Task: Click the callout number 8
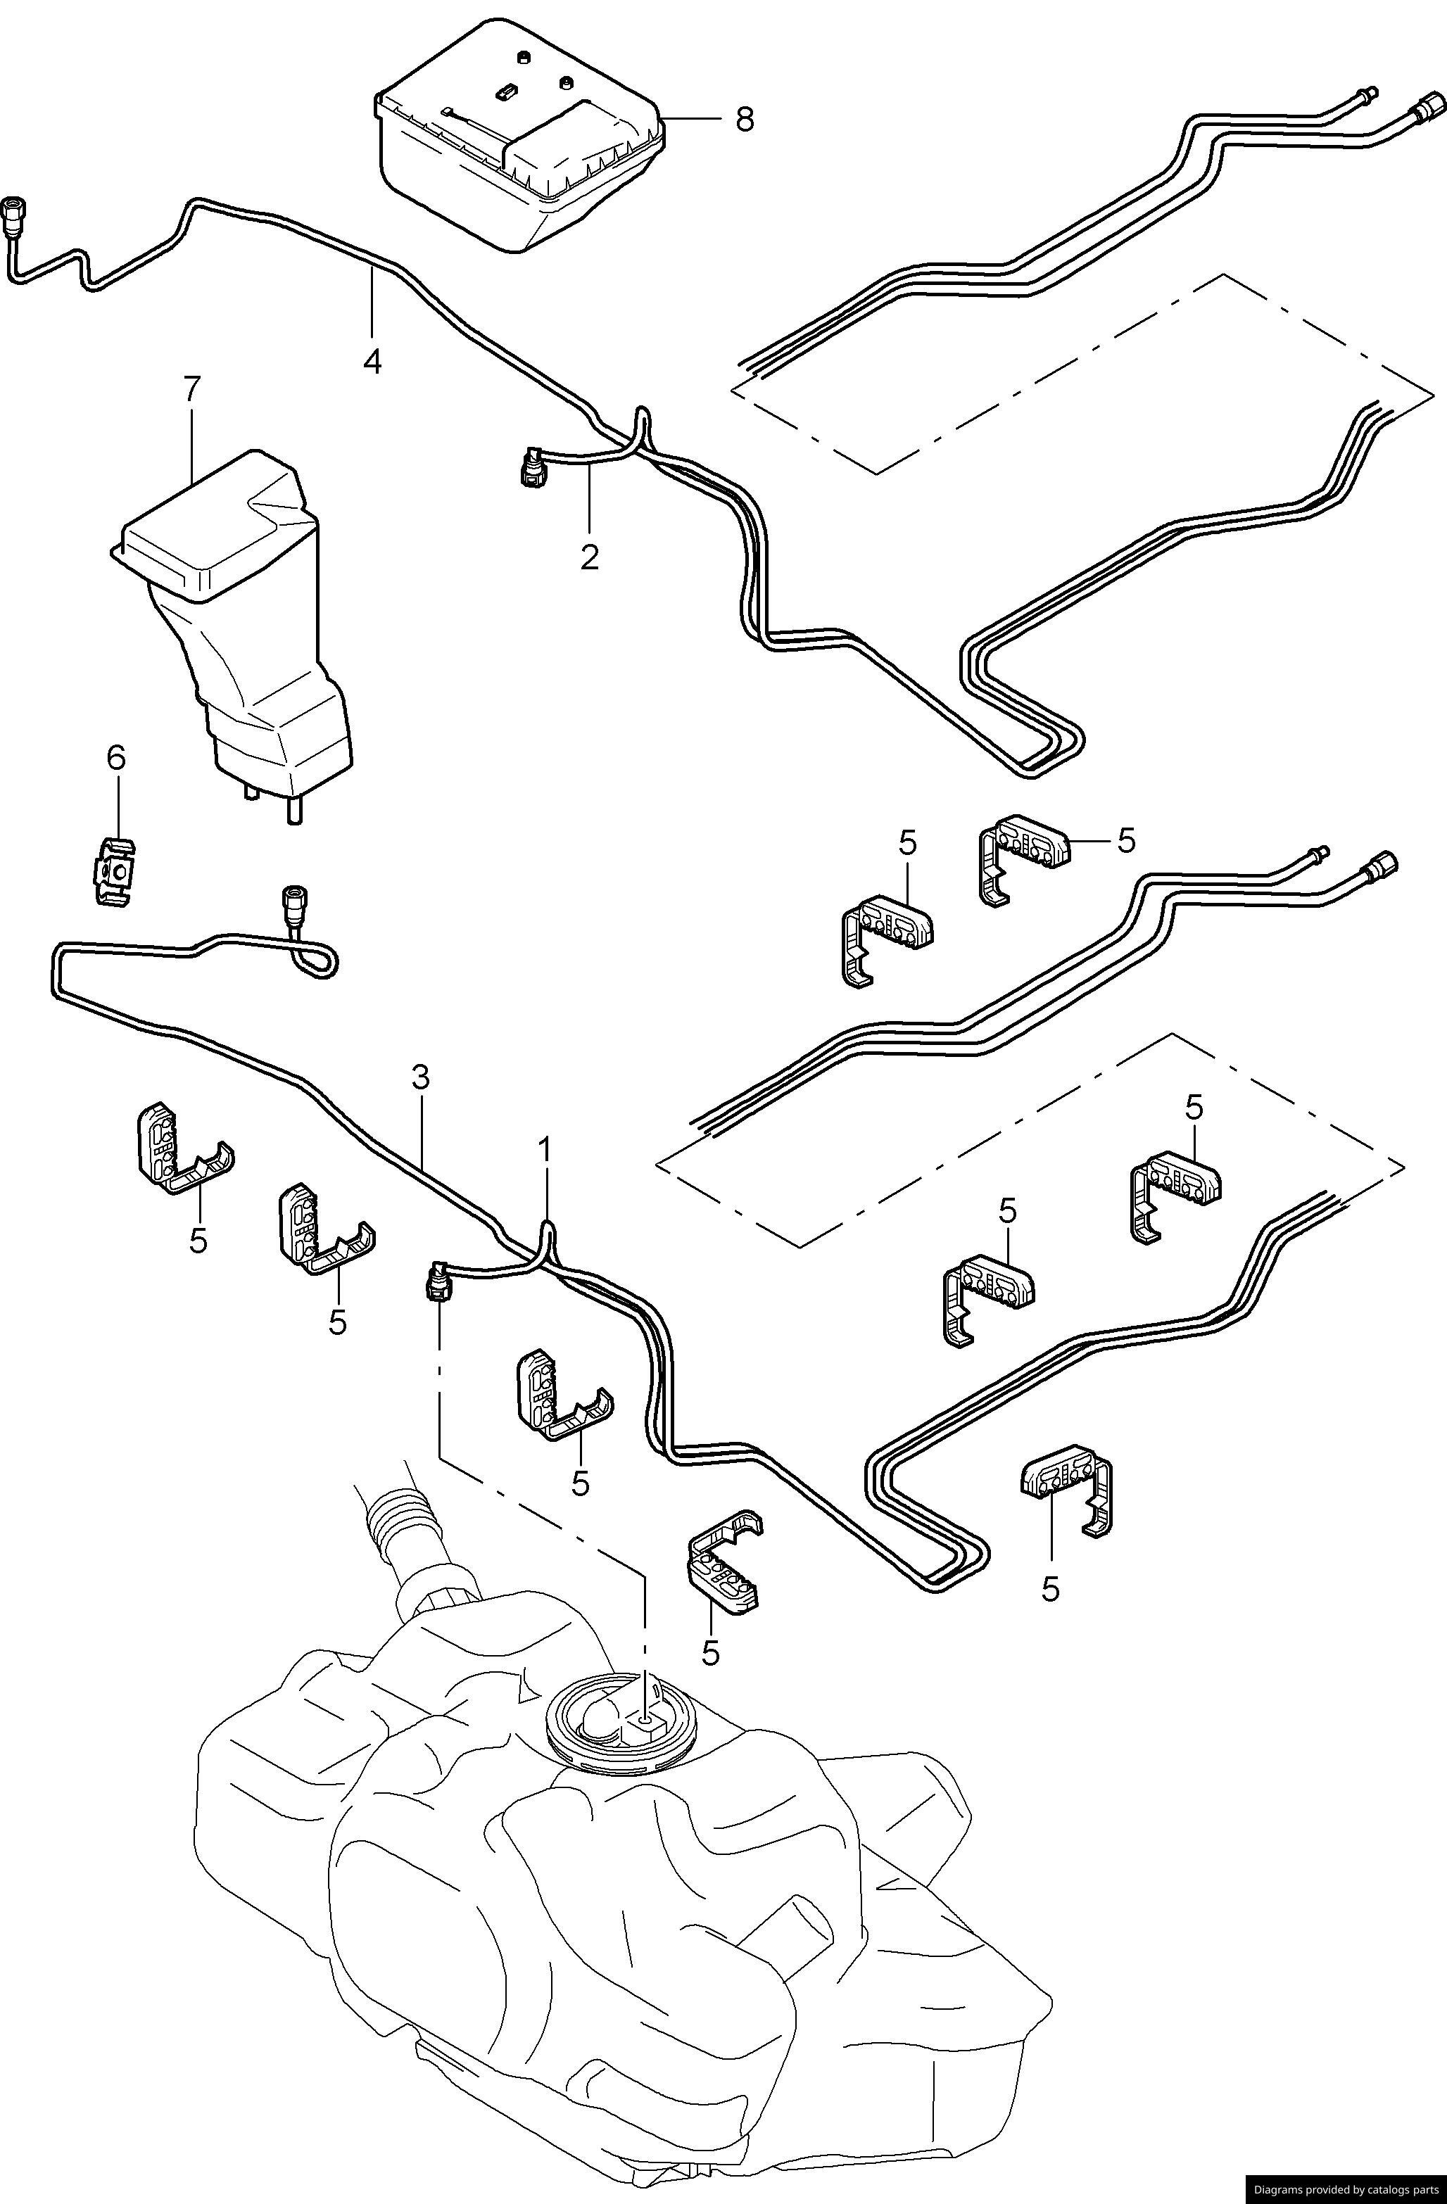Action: click(745, 120)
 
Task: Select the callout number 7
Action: click(191, 389)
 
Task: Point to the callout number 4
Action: click(372, 360)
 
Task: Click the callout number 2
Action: click(589, 557)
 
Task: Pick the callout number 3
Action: click(421, 1077)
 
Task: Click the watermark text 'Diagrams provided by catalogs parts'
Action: click(1345, 2190)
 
